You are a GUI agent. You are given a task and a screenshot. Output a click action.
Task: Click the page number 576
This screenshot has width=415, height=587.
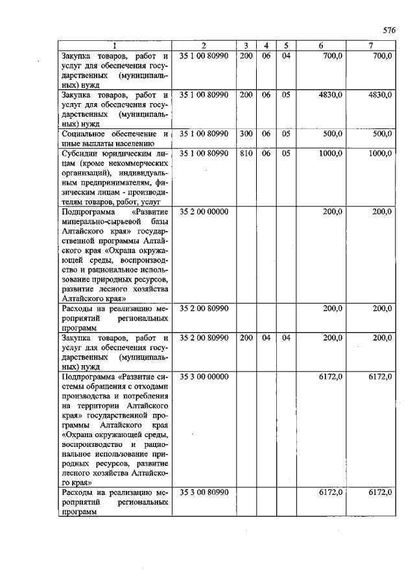click(388, 30)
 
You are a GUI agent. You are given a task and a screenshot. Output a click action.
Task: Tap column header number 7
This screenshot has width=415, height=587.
click(370, 45)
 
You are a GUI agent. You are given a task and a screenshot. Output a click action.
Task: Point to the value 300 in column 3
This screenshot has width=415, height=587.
click(246, 134)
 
